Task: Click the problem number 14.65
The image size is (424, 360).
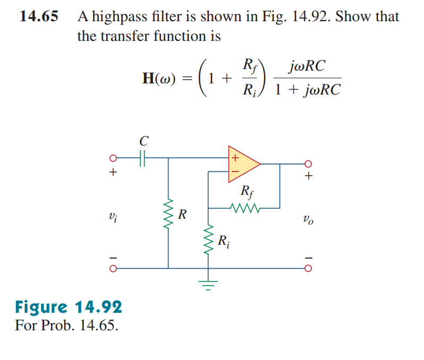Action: pos(38,16)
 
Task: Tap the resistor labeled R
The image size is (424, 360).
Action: pos(168,215)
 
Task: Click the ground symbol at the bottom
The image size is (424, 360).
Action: pos(208,287)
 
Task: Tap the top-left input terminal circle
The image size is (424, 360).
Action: pos(113,158)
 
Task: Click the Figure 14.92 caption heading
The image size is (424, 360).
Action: pos(69,306)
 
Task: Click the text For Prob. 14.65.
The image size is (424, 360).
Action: pos(66,324)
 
